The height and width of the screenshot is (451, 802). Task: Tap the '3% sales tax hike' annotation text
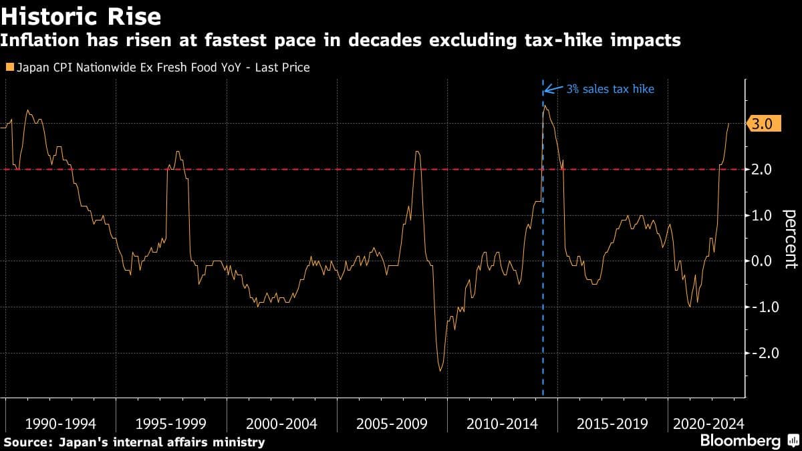click(x=610, y=88)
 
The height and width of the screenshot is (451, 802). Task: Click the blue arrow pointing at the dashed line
click(x=553, y=88)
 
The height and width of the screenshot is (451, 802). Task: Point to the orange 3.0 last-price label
click(x=763, y=124)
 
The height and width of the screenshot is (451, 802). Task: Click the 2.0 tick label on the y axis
click(x=763, y=170)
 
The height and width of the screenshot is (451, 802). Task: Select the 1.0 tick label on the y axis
click(x=763, y=215)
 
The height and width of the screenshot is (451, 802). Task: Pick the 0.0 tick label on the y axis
click(x=763, y=261)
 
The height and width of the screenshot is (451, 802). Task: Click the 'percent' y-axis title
click(x=789, y=238)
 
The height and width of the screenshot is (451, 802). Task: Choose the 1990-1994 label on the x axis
click(x=60, y=424)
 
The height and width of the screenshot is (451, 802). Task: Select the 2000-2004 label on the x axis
click(x=281, y=424)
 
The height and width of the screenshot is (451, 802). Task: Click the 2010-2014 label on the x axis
click(x=503, y=424)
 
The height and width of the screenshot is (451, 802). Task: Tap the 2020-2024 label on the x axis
click(x=708, y=424)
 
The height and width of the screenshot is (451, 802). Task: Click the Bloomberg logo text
click(x=740, y=441)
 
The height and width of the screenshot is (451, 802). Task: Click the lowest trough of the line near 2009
click(x=440, y=370)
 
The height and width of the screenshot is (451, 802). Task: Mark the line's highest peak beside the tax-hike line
click(x=545, y=106)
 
